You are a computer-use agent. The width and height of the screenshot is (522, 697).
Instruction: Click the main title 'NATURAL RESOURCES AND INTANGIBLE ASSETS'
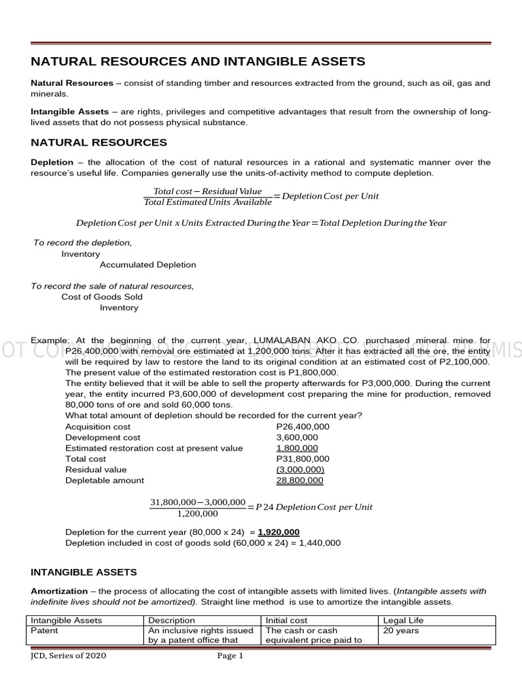(x=198, y=62)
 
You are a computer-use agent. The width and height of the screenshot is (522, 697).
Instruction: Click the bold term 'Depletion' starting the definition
(x=52, y=163)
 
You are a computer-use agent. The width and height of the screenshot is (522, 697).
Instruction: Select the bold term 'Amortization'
(x=59, y=591)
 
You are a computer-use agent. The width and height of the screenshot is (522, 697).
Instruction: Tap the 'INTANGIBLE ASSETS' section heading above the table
(x=84, y=572)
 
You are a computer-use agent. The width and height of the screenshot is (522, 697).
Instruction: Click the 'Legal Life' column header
(x=404, y=621)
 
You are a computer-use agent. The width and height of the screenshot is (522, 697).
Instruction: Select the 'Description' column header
(x=171, y=621)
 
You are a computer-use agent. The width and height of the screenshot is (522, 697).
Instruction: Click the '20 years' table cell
(x=401, y=631)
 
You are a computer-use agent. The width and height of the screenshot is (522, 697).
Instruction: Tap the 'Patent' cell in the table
(x=45, y=631)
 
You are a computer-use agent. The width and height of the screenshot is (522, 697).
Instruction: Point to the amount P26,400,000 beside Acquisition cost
(x=303, y=427)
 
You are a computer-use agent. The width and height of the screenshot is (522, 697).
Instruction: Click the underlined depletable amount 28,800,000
(x=300, y=481)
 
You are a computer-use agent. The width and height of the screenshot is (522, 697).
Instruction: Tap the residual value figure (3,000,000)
(x=300, y=470)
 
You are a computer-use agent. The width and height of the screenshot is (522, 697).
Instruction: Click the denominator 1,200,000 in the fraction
(x=197, y=514)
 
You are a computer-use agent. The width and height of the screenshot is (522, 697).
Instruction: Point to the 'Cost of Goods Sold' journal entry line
(x=102, y=297)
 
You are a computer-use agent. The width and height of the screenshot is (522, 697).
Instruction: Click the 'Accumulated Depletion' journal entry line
(x=147, y=265)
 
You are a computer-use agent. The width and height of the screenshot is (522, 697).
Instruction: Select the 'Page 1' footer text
(x=230, y=656)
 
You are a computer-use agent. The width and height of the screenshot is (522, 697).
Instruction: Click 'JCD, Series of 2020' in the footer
(x=69, y=656)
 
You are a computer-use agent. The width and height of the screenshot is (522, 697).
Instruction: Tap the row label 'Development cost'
(x=103, y=438)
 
